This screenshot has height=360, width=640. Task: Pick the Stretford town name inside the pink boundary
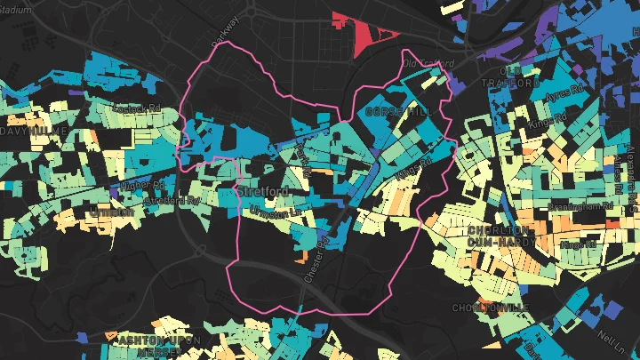point(258,190)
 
